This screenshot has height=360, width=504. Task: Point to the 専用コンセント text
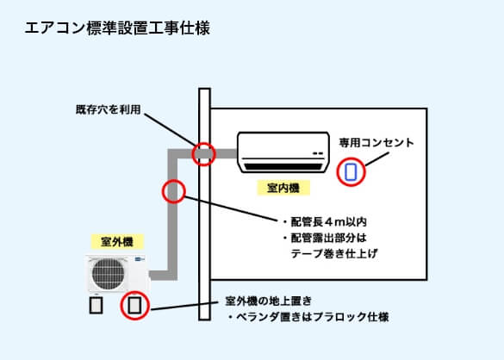click(376, 141)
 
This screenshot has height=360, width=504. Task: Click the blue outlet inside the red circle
click(351, 171)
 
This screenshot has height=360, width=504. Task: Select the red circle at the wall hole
click(203, 153)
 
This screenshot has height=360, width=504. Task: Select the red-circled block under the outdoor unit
click(134, 305)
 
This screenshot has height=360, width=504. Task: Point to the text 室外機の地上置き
click(268, 301)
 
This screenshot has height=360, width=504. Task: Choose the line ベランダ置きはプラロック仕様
click(308, 317)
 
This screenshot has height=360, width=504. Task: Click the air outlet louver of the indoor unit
click(283, 164)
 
